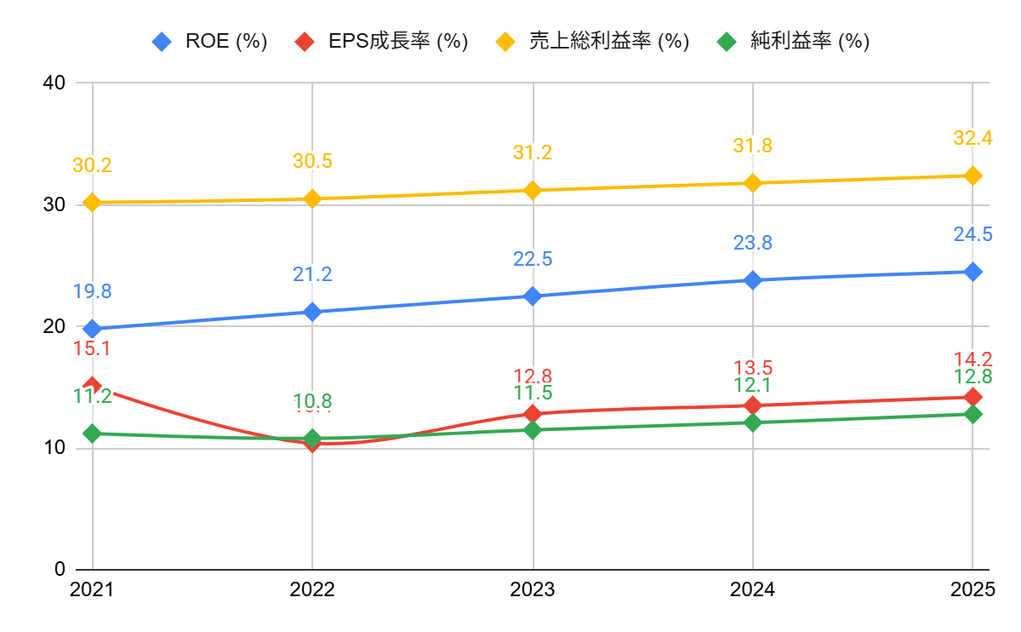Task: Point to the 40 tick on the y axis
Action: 54,83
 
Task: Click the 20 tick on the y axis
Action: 54,326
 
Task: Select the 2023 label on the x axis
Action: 533,589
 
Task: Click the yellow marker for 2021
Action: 92,203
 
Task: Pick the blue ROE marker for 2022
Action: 312,312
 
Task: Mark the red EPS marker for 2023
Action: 533,414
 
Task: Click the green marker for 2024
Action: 753,422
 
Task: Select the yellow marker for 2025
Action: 973,175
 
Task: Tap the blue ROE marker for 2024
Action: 753,280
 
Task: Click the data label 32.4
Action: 973,138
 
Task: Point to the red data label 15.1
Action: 92,348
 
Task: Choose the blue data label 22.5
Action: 533,259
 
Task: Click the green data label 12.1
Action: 753,386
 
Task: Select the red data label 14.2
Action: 973,359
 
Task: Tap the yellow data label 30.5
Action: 312,162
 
